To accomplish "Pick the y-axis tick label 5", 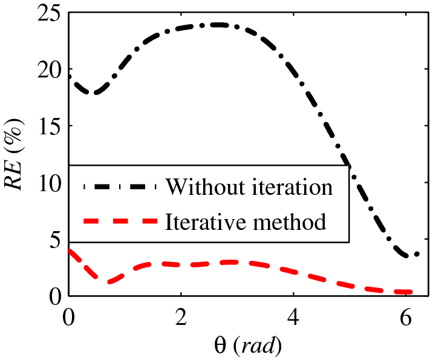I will tap(55, 240).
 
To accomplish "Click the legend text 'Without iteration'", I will tap(249, 186).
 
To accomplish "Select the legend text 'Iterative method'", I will tap(246, 222).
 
